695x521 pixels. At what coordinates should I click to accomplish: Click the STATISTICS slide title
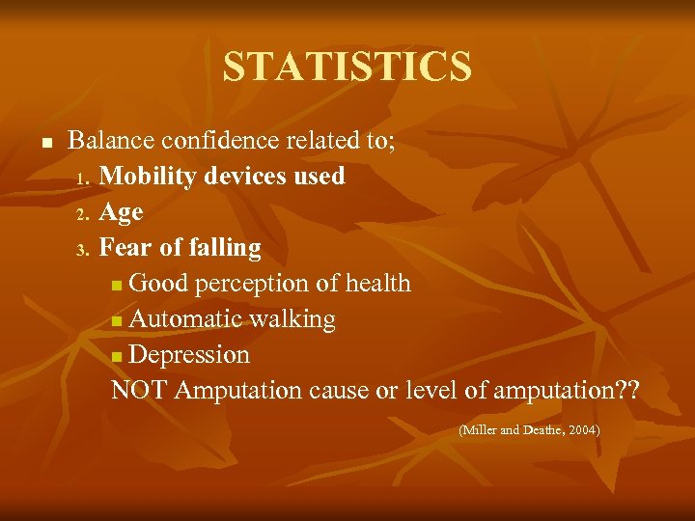click(347, 67)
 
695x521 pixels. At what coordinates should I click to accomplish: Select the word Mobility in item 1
click(145, 177)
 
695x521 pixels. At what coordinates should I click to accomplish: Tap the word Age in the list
click(121, 212)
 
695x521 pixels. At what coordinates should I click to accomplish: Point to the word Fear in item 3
click(122, 248)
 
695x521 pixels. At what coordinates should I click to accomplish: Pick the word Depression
click(189, 355)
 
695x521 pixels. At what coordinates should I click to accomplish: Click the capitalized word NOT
click(140, 391)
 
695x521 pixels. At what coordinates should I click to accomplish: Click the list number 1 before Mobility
click(83, 178)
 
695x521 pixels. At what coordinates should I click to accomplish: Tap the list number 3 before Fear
click(83, 250)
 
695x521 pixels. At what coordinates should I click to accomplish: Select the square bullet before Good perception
click(117, 286)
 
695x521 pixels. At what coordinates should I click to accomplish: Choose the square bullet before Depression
click(117, 357)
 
